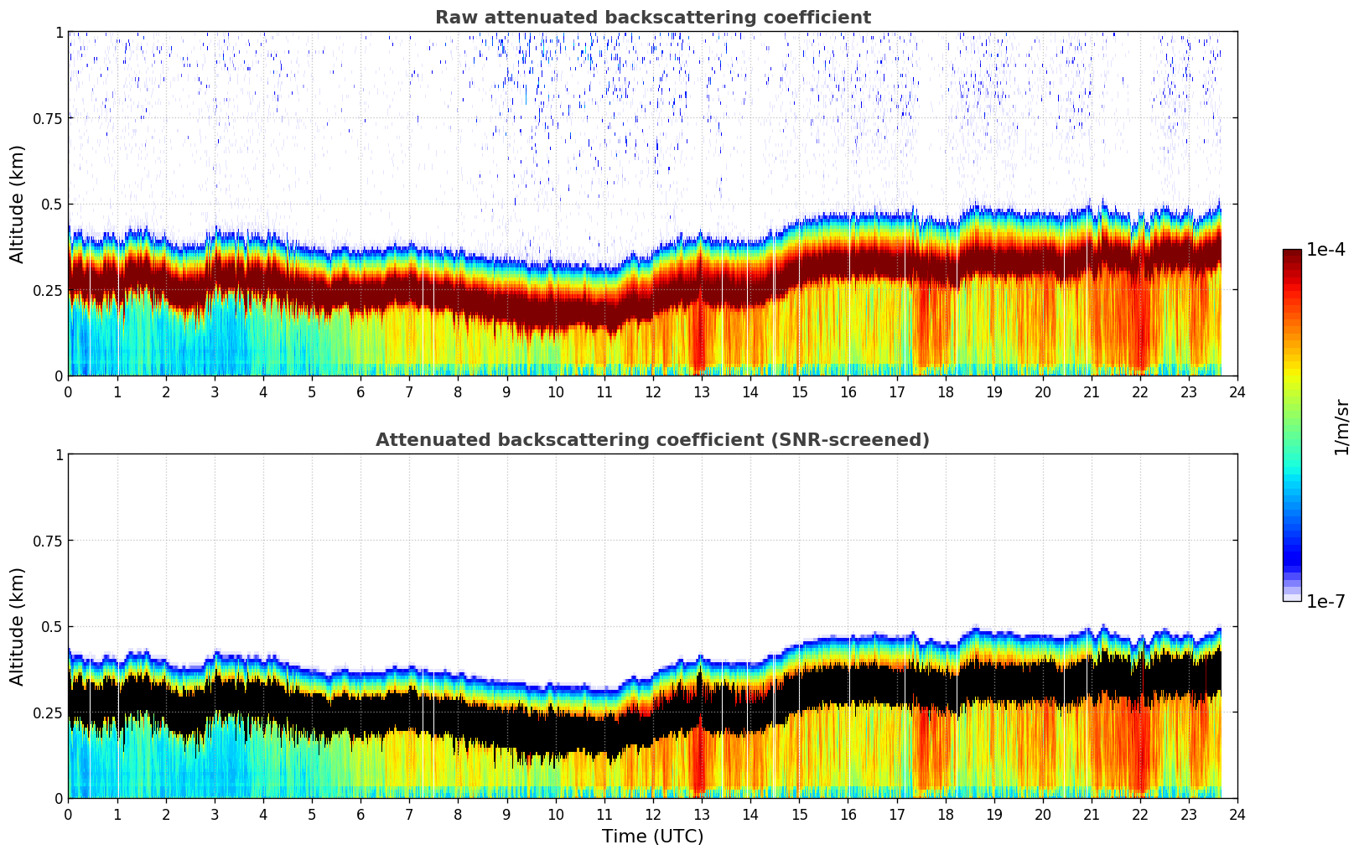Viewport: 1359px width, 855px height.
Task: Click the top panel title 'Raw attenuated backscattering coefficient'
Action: click(x=652, y=18)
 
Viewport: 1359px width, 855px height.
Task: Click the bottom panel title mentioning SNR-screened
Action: click(x=652, y=440)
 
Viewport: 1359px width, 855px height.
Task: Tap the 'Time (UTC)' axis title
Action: click(x=652, y=837)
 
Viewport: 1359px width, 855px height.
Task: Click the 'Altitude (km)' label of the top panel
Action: click(x=18, y=204)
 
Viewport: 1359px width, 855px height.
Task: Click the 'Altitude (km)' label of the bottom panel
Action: click(x=18, y=626)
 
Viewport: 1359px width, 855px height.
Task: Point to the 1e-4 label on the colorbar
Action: click(x=1325, y=250)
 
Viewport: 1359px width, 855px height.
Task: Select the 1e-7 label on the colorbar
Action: click(x=1325, y=601)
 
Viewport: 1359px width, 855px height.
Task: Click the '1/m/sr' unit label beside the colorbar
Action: click(x=1341, y=427)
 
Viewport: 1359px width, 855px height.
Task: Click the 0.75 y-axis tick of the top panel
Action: click(x=47, y=118)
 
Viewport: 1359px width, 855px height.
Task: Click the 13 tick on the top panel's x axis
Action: click(x=701, y=392)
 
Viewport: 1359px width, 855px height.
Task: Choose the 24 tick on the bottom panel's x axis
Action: click(x=1237, y=815)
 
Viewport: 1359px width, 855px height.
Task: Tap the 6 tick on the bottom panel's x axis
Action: click(x=360, y=815)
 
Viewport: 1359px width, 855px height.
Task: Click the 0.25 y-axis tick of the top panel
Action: click(x=47, y=290)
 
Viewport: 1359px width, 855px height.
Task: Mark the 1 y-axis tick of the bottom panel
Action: click(x=59, y=455)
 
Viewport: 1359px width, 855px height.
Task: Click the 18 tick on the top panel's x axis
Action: click(x=945, y=392)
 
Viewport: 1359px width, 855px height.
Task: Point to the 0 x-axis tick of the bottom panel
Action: click(x=68, y=815)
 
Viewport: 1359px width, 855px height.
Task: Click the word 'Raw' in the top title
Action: click(x=453, y=18)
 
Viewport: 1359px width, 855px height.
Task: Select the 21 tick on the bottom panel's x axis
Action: click(x=1091, y=815)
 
